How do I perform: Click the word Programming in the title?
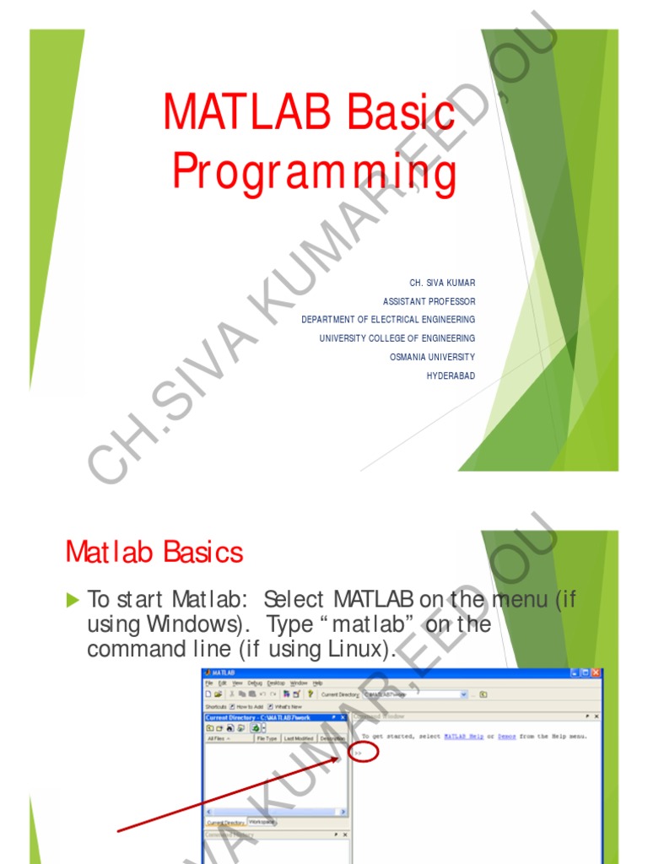point(314,172)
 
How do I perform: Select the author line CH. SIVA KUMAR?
point(442,283)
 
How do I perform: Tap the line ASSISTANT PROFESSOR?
point(429,301)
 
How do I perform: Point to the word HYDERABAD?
point(451,375)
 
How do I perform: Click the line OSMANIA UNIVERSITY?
point(432,357)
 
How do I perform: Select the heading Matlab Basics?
point(154,553)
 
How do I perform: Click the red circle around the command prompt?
point(363,751)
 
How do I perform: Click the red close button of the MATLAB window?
point(597,673)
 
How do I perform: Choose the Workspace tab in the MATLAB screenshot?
point(262,821)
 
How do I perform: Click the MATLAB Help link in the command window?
point(464,737)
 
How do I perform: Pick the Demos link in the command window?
point(507,737)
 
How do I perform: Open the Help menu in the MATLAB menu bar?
point(318,683)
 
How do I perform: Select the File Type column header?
point(267,738)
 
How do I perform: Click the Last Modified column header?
point(299,738)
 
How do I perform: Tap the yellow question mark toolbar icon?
point(310,694)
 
